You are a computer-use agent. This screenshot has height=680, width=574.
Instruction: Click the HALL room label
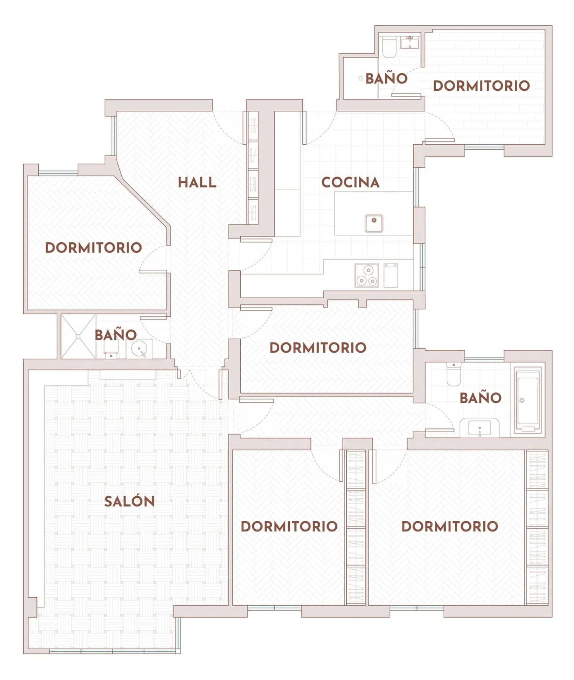click(x=197, y=182)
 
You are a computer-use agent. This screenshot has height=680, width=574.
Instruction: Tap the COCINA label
click(x=351, y=182)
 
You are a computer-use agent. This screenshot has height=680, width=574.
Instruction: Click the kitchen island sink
click(x=374, y=223)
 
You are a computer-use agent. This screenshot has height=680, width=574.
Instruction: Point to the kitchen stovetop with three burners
click(x=367, y=275)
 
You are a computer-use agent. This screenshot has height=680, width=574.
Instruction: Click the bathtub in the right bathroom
click(x=528, y=400)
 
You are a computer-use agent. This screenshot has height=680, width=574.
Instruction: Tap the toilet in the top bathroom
click(x=389, y=47)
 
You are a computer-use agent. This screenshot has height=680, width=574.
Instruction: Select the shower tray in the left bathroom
click(x=78, y=337)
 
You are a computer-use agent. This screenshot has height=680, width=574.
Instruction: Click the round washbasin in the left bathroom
click(x=139, y=349)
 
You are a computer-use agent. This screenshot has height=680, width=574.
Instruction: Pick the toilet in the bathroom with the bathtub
click(x=454, y=374)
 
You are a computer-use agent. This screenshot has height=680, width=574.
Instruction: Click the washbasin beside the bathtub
click(x=479, y=428)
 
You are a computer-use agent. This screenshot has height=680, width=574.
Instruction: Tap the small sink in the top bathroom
click(x=410, y=42)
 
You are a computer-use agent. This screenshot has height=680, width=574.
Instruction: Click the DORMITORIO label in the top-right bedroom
click(x=481, y=86)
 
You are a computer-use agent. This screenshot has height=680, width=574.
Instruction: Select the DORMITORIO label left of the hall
click(x=93, y=248)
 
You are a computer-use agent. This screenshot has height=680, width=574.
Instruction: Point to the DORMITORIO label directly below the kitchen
click(x=318, y=348)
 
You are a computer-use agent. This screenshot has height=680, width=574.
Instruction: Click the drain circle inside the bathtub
click(x=522, y=400)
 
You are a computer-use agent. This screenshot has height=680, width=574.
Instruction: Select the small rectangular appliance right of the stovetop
click(x=391, y=275)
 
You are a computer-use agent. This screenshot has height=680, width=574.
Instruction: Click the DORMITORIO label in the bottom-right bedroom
click(x=450, y=526)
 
